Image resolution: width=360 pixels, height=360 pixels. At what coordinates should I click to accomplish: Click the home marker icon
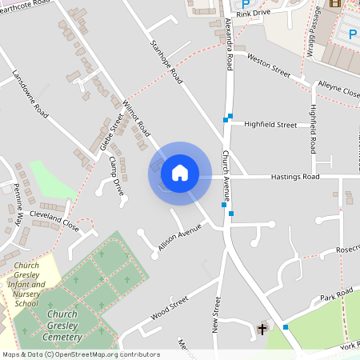180,172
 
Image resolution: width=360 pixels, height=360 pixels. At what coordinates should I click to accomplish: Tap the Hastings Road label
294,177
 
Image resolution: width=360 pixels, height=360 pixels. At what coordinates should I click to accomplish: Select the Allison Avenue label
178,238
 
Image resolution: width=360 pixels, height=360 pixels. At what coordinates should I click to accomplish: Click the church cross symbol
263,329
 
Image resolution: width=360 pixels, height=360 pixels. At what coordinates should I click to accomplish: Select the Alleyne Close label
338,87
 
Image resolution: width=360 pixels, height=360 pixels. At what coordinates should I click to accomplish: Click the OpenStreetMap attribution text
80,354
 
